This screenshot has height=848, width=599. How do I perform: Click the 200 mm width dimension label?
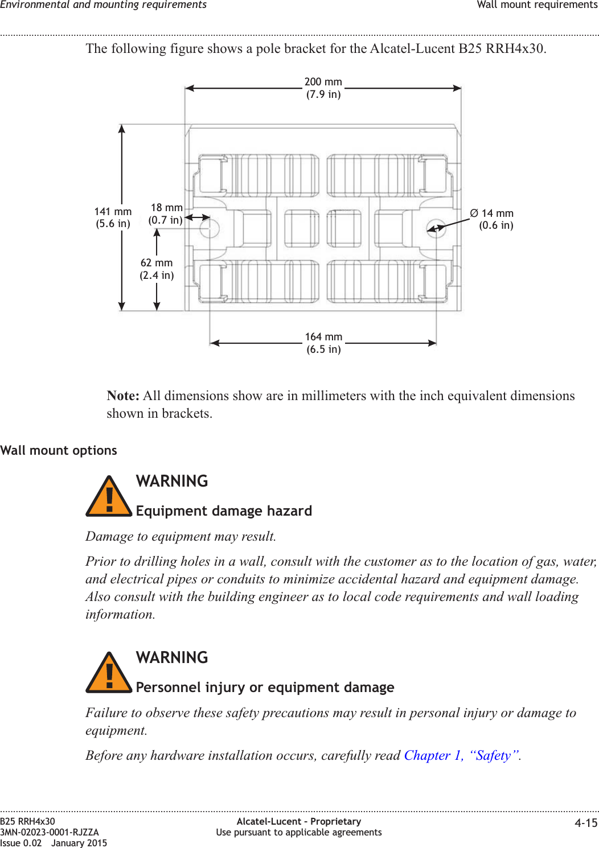pos(323,88)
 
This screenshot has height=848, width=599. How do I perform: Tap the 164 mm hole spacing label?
pos(323,343)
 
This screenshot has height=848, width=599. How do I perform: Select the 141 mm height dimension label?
pos(113,217)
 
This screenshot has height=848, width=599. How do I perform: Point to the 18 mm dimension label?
pos(166,213)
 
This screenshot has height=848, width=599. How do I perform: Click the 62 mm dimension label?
pos(157,269)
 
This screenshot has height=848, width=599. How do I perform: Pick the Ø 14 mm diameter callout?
pos(492,219)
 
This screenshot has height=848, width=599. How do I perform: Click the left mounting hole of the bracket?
pos(210,228)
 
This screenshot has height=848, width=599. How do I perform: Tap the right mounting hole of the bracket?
pos(436,228)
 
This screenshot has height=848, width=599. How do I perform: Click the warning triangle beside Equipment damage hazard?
pos(109,497)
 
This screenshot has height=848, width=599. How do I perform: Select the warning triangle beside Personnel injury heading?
pos(109,673)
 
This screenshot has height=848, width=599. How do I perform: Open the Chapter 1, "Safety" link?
pos(462,755)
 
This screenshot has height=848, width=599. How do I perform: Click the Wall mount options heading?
pos(59,450)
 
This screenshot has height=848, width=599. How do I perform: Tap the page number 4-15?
pos(586,823)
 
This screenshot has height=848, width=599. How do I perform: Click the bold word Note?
pos(123,396)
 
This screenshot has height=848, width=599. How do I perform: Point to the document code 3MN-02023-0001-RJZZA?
pos(50,832)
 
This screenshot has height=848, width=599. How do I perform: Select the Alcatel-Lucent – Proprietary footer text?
pos(298,821)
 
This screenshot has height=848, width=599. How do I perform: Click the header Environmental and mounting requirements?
pos(104,5)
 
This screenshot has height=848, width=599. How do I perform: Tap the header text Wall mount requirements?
pos(537,5)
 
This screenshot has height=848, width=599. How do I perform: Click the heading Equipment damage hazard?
pos(224,511)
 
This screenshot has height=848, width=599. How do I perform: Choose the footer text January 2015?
pos(79,843)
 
